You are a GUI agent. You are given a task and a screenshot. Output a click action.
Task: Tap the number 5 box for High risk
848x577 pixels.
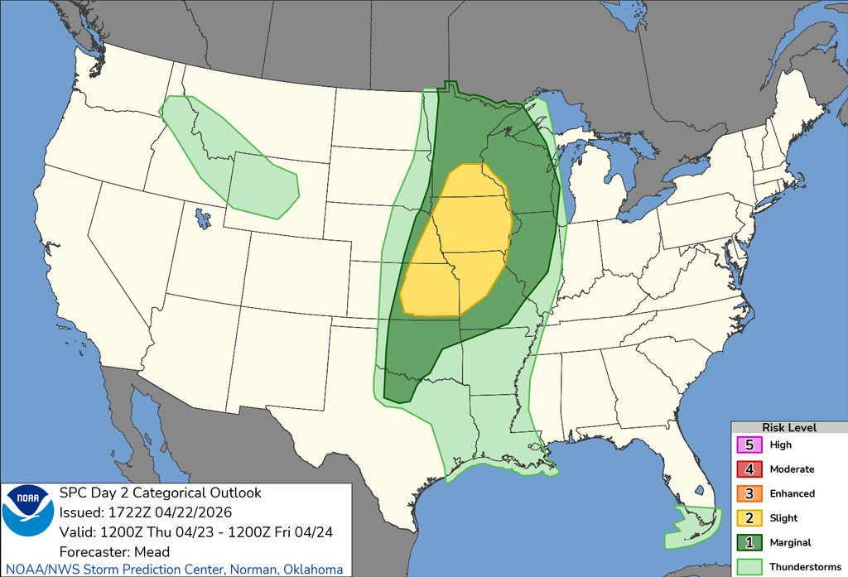pos(749,445)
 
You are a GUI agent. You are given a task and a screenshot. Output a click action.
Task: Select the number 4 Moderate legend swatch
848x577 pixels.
pos(749,469)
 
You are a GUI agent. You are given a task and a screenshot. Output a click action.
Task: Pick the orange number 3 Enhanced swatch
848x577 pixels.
pos(749,493)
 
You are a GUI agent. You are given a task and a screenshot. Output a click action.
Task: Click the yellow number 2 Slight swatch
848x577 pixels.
pos(749,518)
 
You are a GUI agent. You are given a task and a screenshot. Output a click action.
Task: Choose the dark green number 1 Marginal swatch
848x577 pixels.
pos(749,542)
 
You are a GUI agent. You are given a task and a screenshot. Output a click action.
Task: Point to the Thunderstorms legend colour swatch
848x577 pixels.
pos(749,566)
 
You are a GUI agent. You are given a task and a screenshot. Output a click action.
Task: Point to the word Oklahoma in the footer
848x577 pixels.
pos(314,570)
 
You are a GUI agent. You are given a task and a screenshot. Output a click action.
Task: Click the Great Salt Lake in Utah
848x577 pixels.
pos(201,219)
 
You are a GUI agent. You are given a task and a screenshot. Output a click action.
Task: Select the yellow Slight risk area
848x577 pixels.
pos(464,240)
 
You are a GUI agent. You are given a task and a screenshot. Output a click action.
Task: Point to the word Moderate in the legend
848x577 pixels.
pos(792,469)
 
